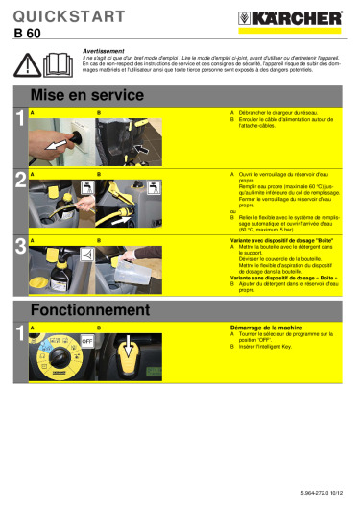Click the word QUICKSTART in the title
(67, 16)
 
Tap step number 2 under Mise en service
(20, 180)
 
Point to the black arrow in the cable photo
(139, 149)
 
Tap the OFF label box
(86, 341)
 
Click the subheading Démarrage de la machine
(265, 327)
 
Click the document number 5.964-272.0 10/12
(322, 492)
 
